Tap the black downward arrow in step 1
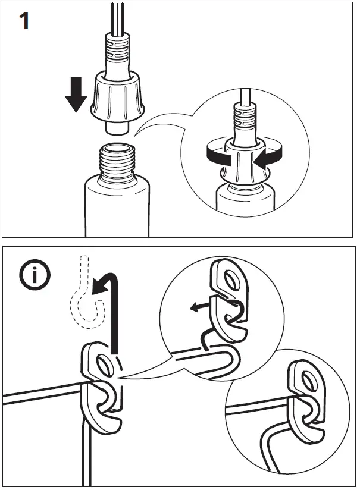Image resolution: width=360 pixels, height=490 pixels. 76,96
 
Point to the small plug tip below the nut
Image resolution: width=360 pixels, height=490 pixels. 117,127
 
